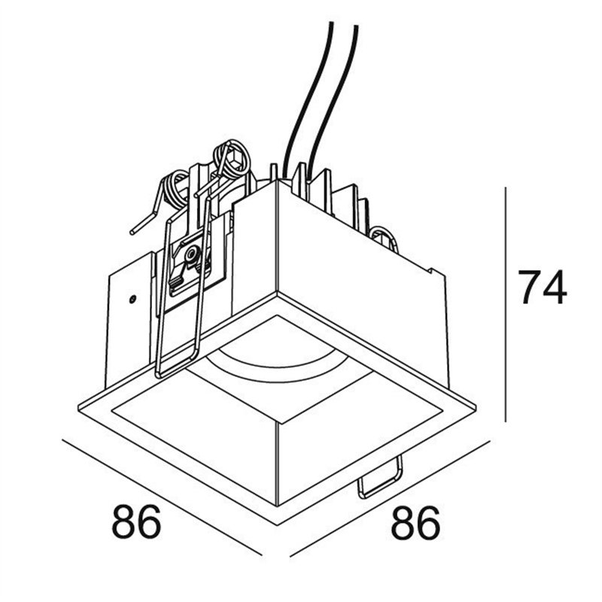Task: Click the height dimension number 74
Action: click(x=542, y=287)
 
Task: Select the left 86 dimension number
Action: click(x=136, y=522)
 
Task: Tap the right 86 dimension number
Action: click(x=415, y=522)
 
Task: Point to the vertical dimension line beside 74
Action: click(x=506, y=304)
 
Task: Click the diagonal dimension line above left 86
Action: click(x=162, y=497)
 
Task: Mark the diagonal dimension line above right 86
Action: click(x=390, y=498)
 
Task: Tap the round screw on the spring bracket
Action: click(x=190, y=254)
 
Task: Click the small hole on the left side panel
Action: click(x=132, y=298)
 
